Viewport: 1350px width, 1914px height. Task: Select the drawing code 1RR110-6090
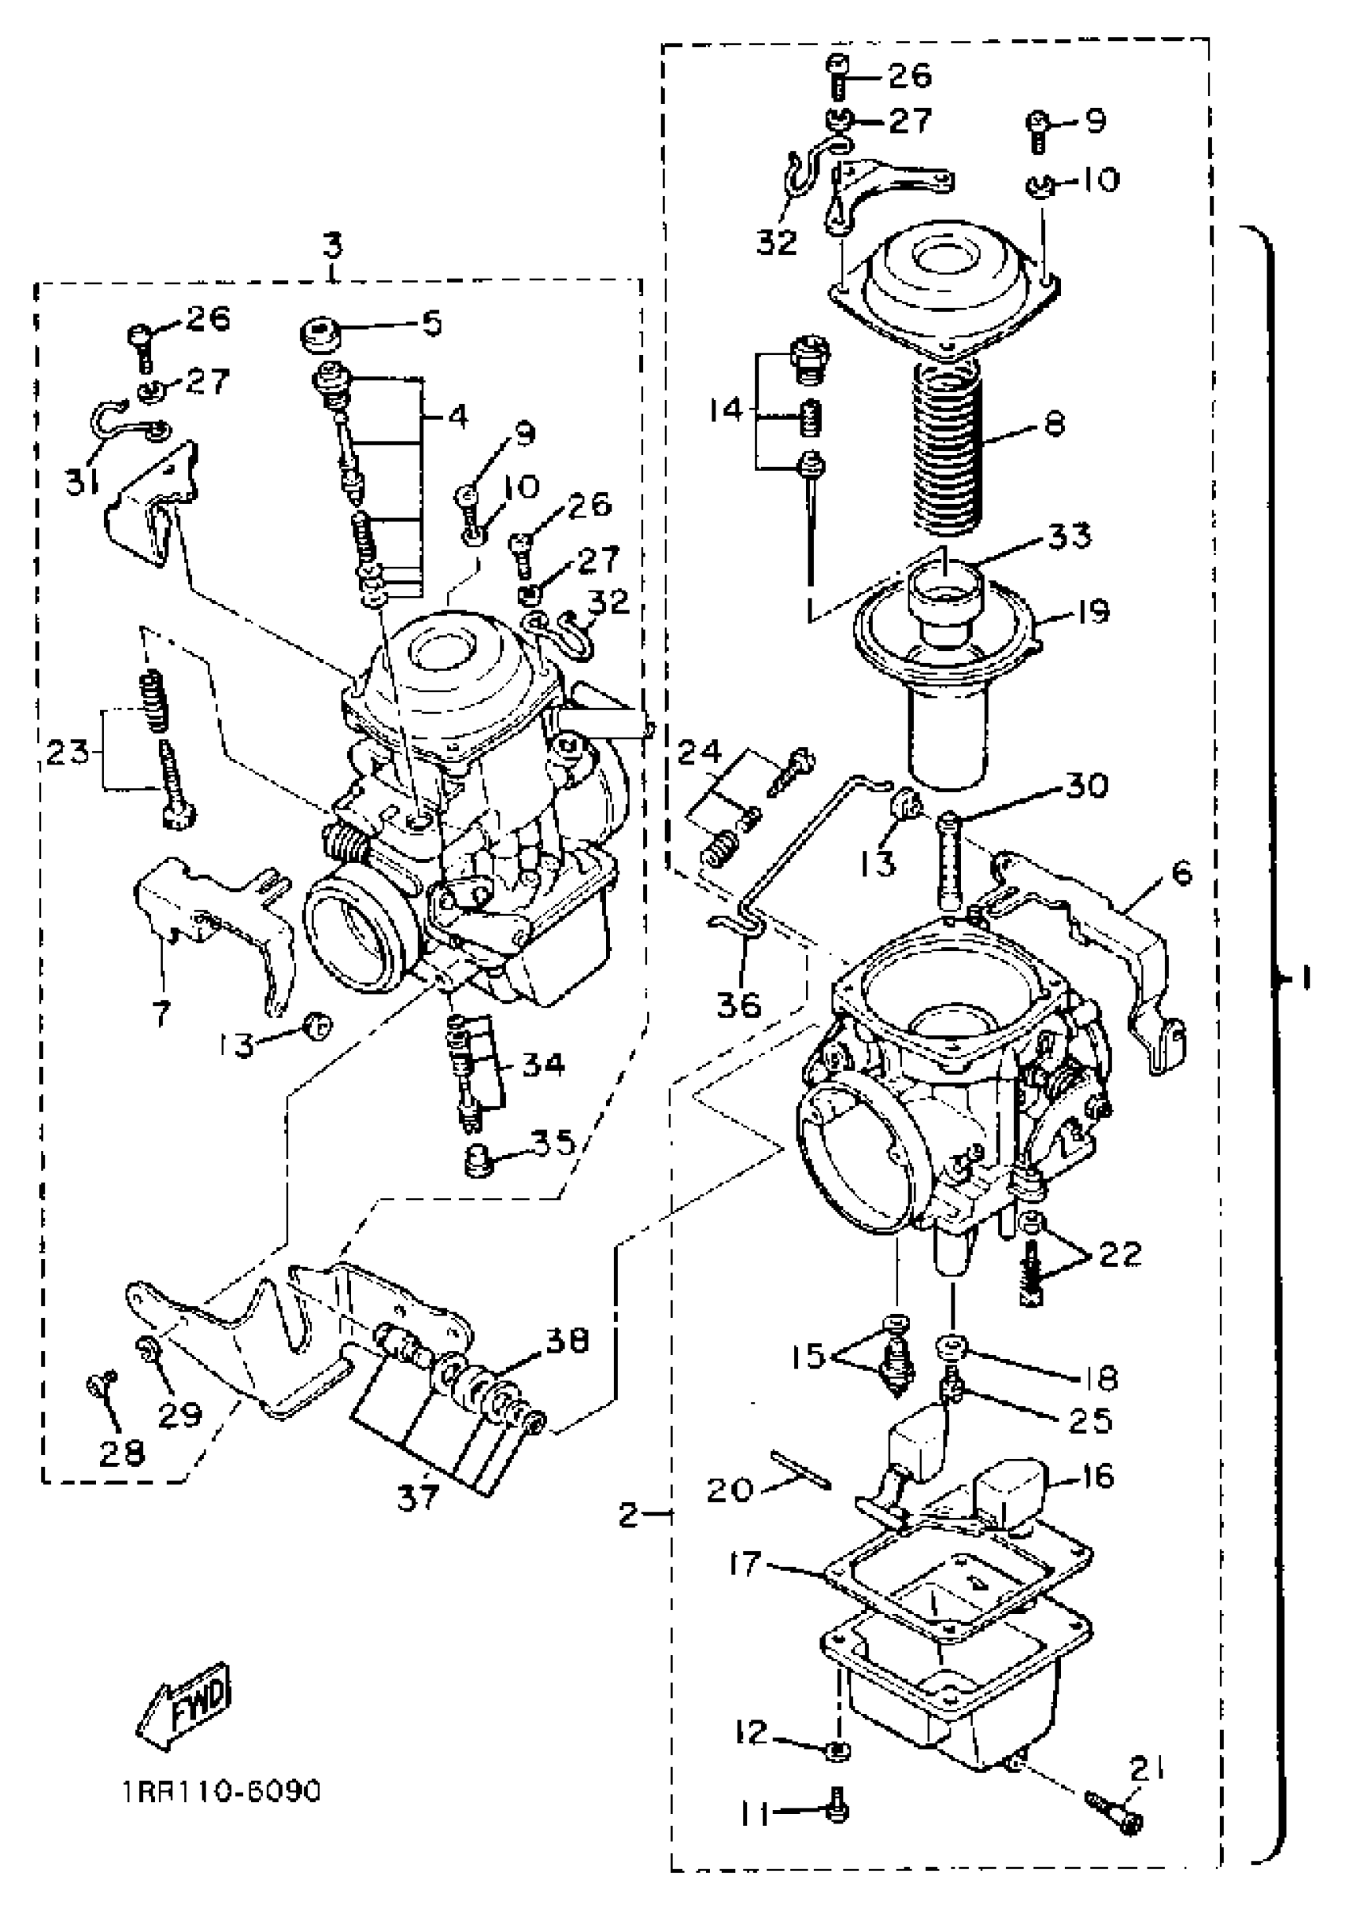pyautogui.click(x=220, y=1792)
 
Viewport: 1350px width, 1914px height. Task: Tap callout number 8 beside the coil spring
pyautogui.click(x=1055, y=426)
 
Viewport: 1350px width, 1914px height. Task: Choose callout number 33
pyautogui.click(x=1070, y=536)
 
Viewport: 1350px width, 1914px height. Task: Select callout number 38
pyautogui.click(x=568, y=1339)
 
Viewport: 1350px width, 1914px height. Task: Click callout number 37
pyautogui.click(x=417, y=1498)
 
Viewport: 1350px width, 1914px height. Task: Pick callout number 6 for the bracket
pyautogui.click(x=1181, y=873)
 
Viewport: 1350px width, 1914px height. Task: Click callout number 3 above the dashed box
pyautogui.click(x=333, y=247)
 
